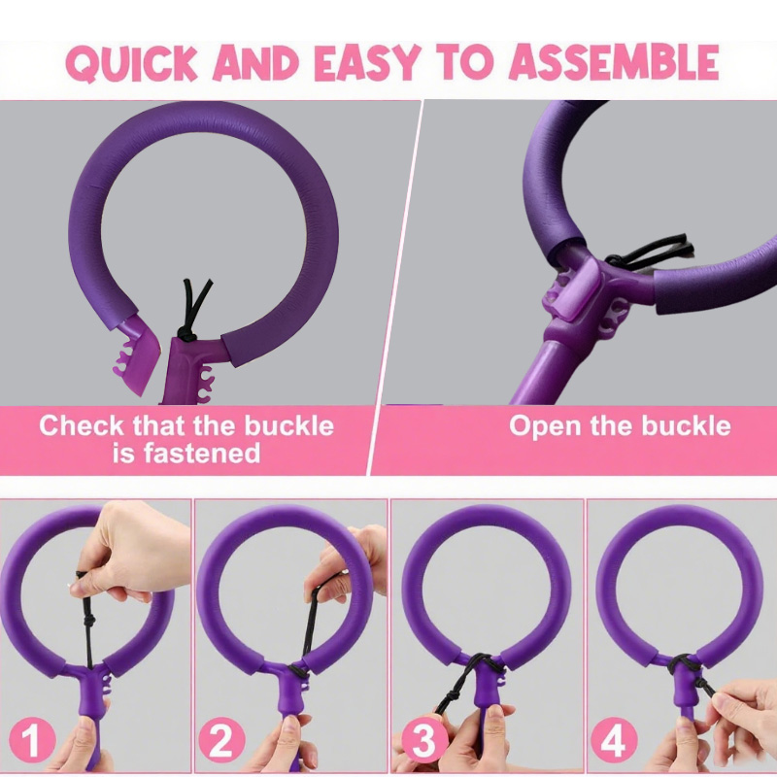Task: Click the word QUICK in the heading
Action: [131, 62]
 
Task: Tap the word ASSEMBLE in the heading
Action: [614, 62]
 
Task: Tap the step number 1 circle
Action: [31, 740]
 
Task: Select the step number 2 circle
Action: [222, 740]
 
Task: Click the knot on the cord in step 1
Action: [90, 623]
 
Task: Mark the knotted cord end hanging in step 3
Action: [449, 699]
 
